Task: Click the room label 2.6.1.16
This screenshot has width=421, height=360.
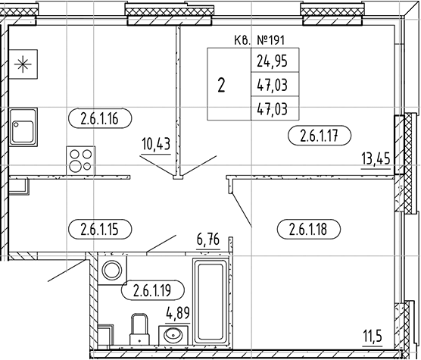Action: [100, 118]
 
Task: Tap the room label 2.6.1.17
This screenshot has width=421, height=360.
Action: [320, 136]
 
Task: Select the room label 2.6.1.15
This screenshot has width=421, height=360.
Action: [100, 230]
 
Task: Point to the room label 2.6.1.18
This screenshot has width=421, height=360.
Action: [308, 230]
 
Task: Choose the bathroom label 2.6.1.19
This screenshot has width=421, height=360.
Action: [152, 290]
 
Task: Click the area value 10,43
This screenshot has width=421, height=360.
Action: [156, 145]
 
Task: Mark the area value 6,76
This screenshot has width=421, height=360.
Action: [208, 239]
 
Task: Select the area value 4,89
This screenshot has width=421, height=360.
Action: [178, 313]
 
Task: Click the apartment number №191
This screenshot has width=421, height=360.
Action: [270, 40]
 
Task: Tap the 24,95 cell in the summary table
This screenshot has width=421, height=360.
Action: [272, 61]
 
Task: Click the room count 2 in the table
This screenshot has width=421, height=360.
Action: [221, 86]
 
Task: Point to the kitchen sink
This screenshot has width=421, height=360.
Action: [23, 127]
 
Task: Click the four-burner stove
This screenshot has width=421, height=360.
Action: [81, 161]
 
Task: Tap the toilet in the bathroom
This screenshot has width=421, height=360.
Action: [139, 329]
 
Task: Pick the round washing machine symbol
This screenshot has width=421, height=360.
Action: [112, 270]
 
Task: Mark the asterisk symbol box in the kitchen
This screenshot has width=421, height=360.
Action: [23, 64]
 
